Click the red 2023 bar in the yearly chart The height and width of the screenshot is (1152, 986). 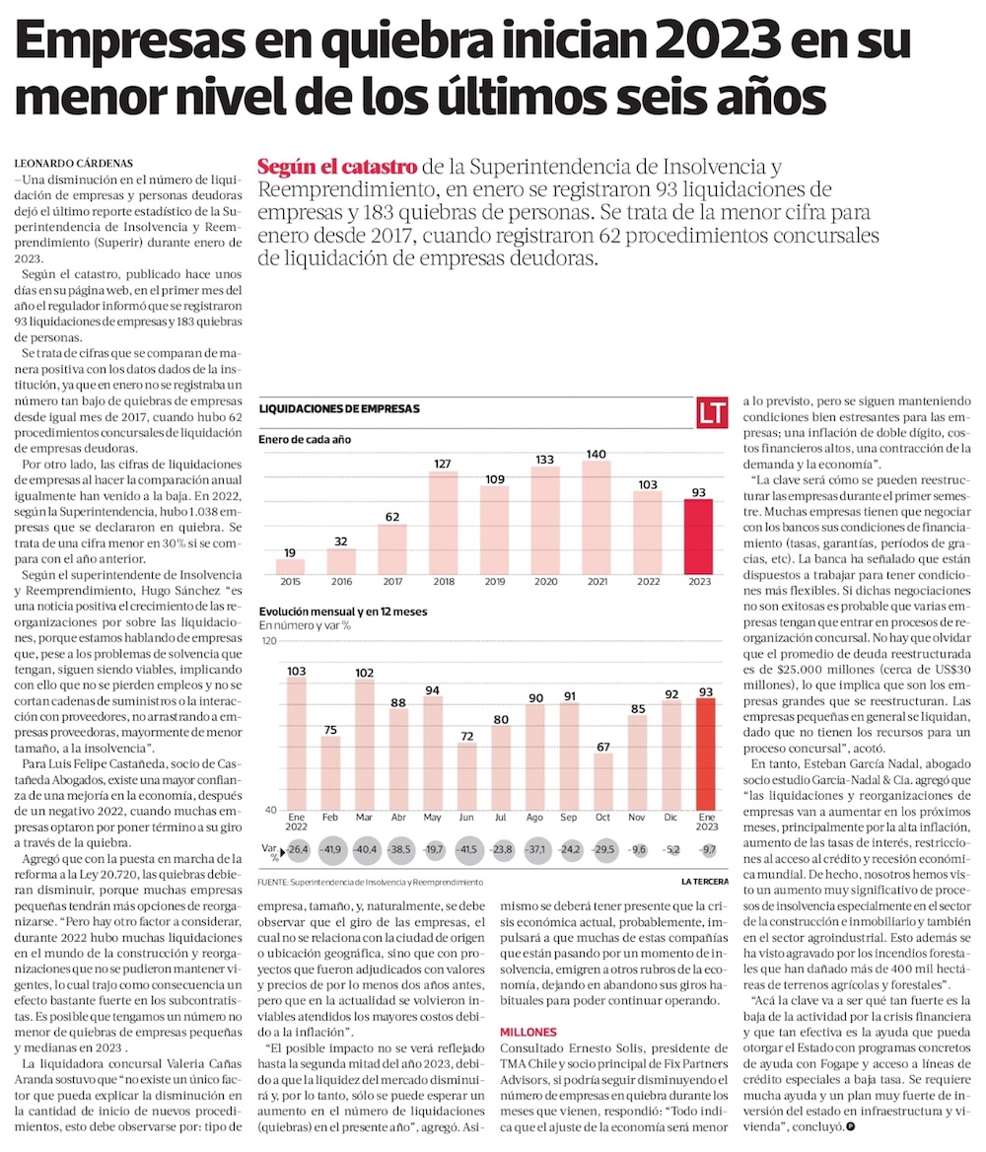pos(699,537)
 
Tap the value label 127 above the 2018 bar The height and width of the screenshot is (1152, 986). pos(443,463)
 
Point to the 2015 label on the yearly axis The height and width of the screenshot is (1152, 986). pos(290,583)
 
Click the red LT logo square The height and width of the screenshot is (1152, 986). pos(713,413)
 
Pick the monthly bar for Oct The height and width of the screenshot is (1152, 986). pos(603,782)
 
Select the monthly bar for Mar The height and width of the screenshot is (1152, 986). pos(364,745)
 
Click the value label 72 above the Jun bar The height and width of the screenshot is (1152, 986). pos(466,736)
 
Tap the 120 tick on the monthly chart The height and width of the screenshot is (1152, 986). pos(267,642)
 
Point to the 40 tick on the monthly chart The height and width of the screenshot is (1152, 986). pos(267,810)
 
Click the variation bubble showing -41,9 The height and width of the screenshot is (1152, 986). pos(330,850)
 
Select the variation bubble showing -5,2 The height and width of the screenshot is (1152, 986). pos(672,850)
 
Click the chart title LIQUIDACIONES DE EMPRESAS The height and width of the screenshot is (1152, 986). pos(339,408)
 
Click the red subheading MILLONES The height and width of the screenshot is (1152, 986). pos(528,1032)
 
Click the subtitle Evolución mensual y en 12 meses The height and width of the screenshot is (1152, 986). pos(343,612)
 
